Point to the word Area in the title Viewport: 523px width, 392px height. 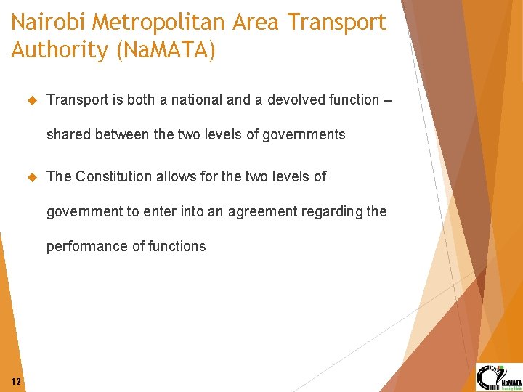tap(256, 23)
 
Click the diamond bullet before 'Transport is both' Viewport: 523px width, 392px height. tap(31, 100)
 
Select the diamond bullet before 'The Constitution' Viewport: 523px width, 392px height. tap(31, 176)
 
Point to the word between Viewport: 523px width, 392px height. tap(118, 135)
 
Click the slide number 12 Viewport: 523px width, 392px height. tap(17, 382)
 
